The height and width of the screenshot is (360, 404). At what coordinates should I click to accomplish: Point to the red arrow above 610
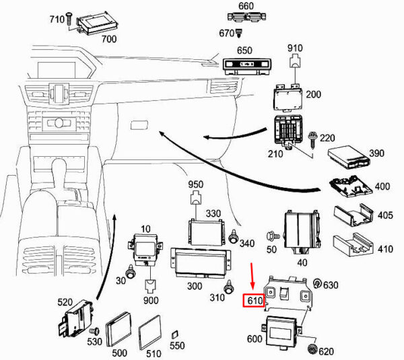[x=252, y=276]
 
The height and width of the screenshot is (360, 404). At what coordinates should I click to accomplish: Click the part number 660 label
[x=246, y=6]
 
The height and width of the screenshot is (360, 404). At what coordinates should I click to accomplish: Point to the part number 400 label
[x=382, y=185]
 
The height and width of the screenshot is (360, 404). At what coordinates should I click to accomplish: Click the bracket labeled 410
[x=353, y=247]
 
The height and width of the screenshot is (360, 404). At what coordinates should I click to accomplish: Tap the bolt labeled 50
[x=272, y=237]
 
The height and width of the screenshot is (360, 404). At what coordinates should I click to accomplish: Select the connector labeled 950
[x=195, y=199]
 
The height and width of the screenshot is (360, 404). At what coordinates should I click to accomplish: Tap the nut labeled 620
[x=313, y=349]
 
